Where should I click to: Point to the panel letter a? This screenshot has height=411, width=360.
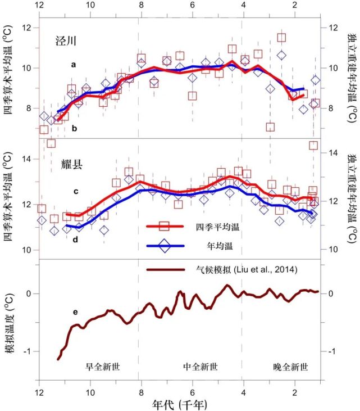click(x=74, y=65)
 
